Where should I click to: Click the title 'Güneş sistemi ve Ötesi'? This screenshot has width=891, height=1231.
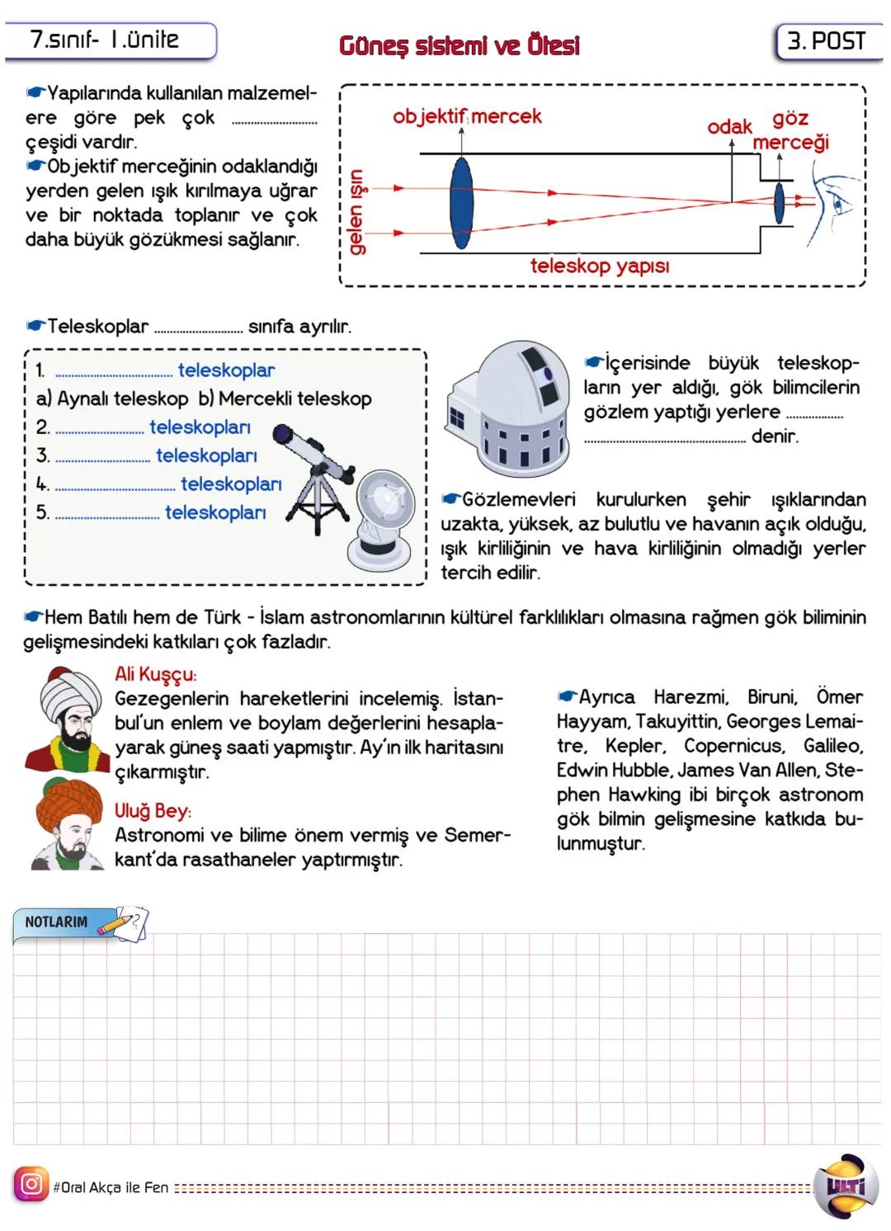[x=459, y=45]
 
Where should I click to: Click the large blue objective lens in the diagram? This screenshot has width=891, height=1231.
[x=462, y=203]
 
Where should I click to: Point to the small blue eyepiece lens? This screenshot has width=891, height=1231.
[x=778, y=202]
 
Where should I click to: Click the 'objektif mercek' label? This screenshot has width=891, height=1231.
[x=467, y=116]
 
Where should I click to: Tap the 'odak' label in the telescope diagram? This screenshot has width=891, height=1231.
[x=729, y=126]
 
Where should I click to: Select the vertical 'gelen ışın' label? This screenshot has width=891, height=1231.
[x=356, y=211]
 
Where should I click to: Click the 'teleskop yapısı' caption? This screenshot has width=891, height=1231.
[x=599, y=266]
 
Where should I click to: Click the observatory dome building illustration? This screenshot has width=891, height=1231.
[x=508, y=404]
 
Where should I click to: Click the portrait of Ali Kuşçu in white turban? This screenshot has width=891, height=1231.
[x=66, y=719]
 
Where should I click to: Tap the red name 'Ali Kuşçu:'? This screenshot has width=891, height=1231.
[x=155, y=674]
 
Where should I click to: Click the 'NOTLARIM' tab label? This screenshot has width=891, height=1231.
[x=56, y=922]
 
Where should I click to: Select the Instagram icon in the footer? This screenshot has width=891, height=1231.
[x=31, y=1185]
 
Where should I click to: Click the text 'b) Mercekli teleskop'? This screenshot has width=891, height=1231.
[x=285, y=399]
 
